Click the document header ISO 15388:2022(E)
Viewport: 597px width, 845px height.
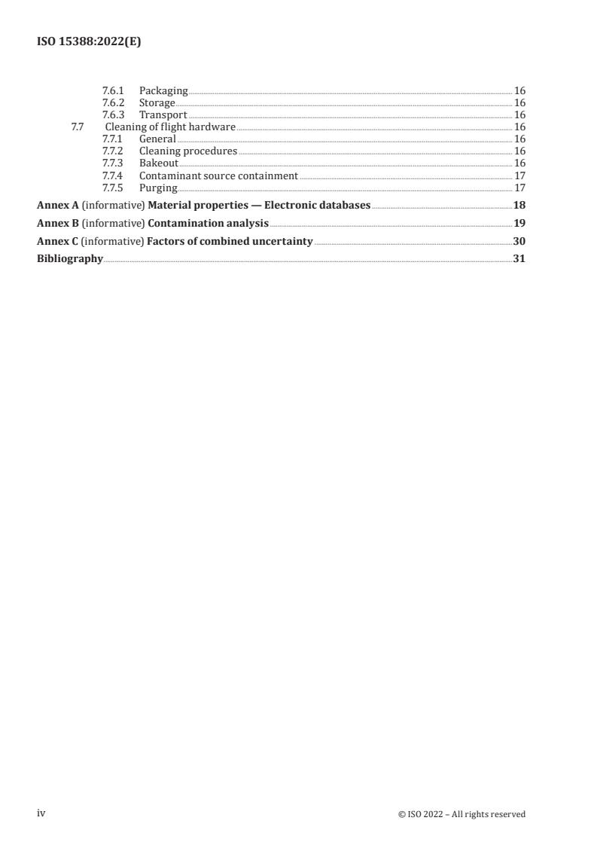(89, 43)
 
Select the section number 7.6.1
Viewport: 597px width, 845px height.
(113, 91)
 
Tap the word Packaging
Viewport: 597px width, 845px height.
(163, 91)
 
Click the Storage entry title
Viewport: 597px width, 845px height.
(157, 103)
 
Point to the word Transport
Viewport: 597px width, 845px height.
(163, 115)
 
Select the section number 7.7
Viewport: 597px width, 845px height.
(77, 127)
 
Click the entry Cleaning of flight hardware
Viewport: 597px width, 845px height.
(170, 127)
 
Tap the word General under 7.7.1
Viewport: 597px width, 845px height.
(157, 139)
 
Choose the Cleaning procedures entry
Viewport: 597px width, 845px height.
(188, 151)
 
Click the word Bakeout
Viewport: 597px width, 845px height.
(159, 163)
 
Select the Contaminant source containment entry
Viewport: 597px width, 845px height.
(218, 175)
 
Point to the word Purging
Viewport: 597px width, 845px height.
(158, 188)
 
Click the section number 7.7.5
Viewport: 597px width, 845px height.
(113, 188)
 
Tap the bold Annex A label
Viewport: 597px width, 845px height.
(57, 206)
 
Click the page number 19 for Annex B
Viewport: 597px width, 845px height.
(519, 224)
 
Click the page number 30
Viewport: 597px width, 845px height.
(519, 242)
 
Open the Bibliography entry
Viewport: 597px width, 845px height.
(70, 259)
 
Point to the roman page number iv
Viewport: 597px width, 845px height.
(41, 813)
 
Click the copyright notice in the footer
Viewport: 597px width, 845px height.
(461, 814)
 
